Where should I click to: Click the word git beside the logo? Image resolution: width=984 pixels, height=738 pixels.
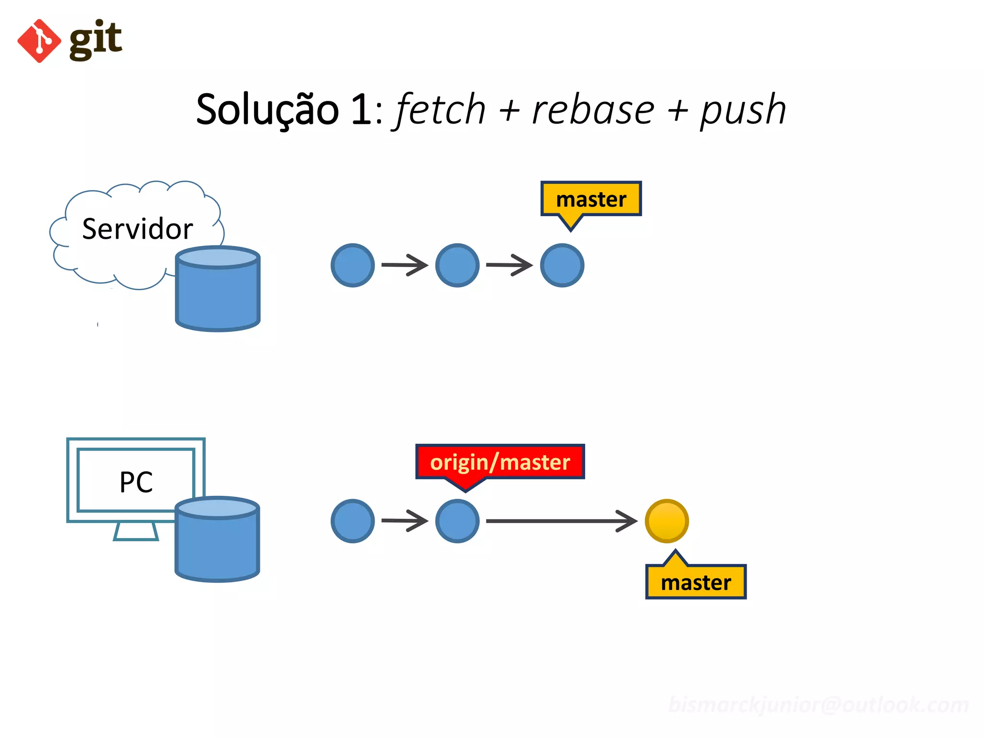[x=96, y=39]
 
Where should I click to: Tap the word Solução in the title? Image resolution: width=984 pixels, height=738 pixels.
[x=267, y=110]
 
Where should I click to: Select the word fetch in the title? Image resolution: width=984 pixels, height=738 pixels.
[x=441, y=110]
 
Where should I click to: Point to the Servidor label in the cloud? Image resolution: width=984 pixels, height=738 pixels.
[x=137, y=229]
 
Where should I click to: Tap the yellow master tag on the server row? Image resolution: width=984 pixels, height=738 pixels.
[x=591, y=199]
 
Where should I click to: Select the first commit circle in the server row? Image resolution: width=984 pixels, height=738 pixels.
[x=353, y=265]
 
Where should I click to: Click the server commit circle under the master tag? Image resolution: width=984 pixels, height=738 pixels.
[x=562, y=265]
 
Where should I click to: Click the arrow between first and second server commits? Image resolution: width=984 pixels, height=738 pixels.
[x=405, y=265]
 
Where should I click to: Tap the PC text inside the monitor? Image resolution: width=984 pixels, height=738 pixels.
[x=136, y=482]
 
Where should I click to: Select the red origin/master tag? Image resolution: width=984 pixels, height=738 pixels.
[x=500, y=462]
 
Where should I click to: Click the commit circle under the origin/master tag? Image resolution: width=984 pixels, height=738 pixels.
[x=457, y=521]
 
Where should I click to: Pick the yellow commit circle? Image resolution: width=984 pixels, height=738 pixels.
[x=667, y=521]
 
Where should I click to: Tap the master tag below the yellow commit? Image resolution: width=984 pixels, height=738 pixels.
[x=696, y=582]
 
